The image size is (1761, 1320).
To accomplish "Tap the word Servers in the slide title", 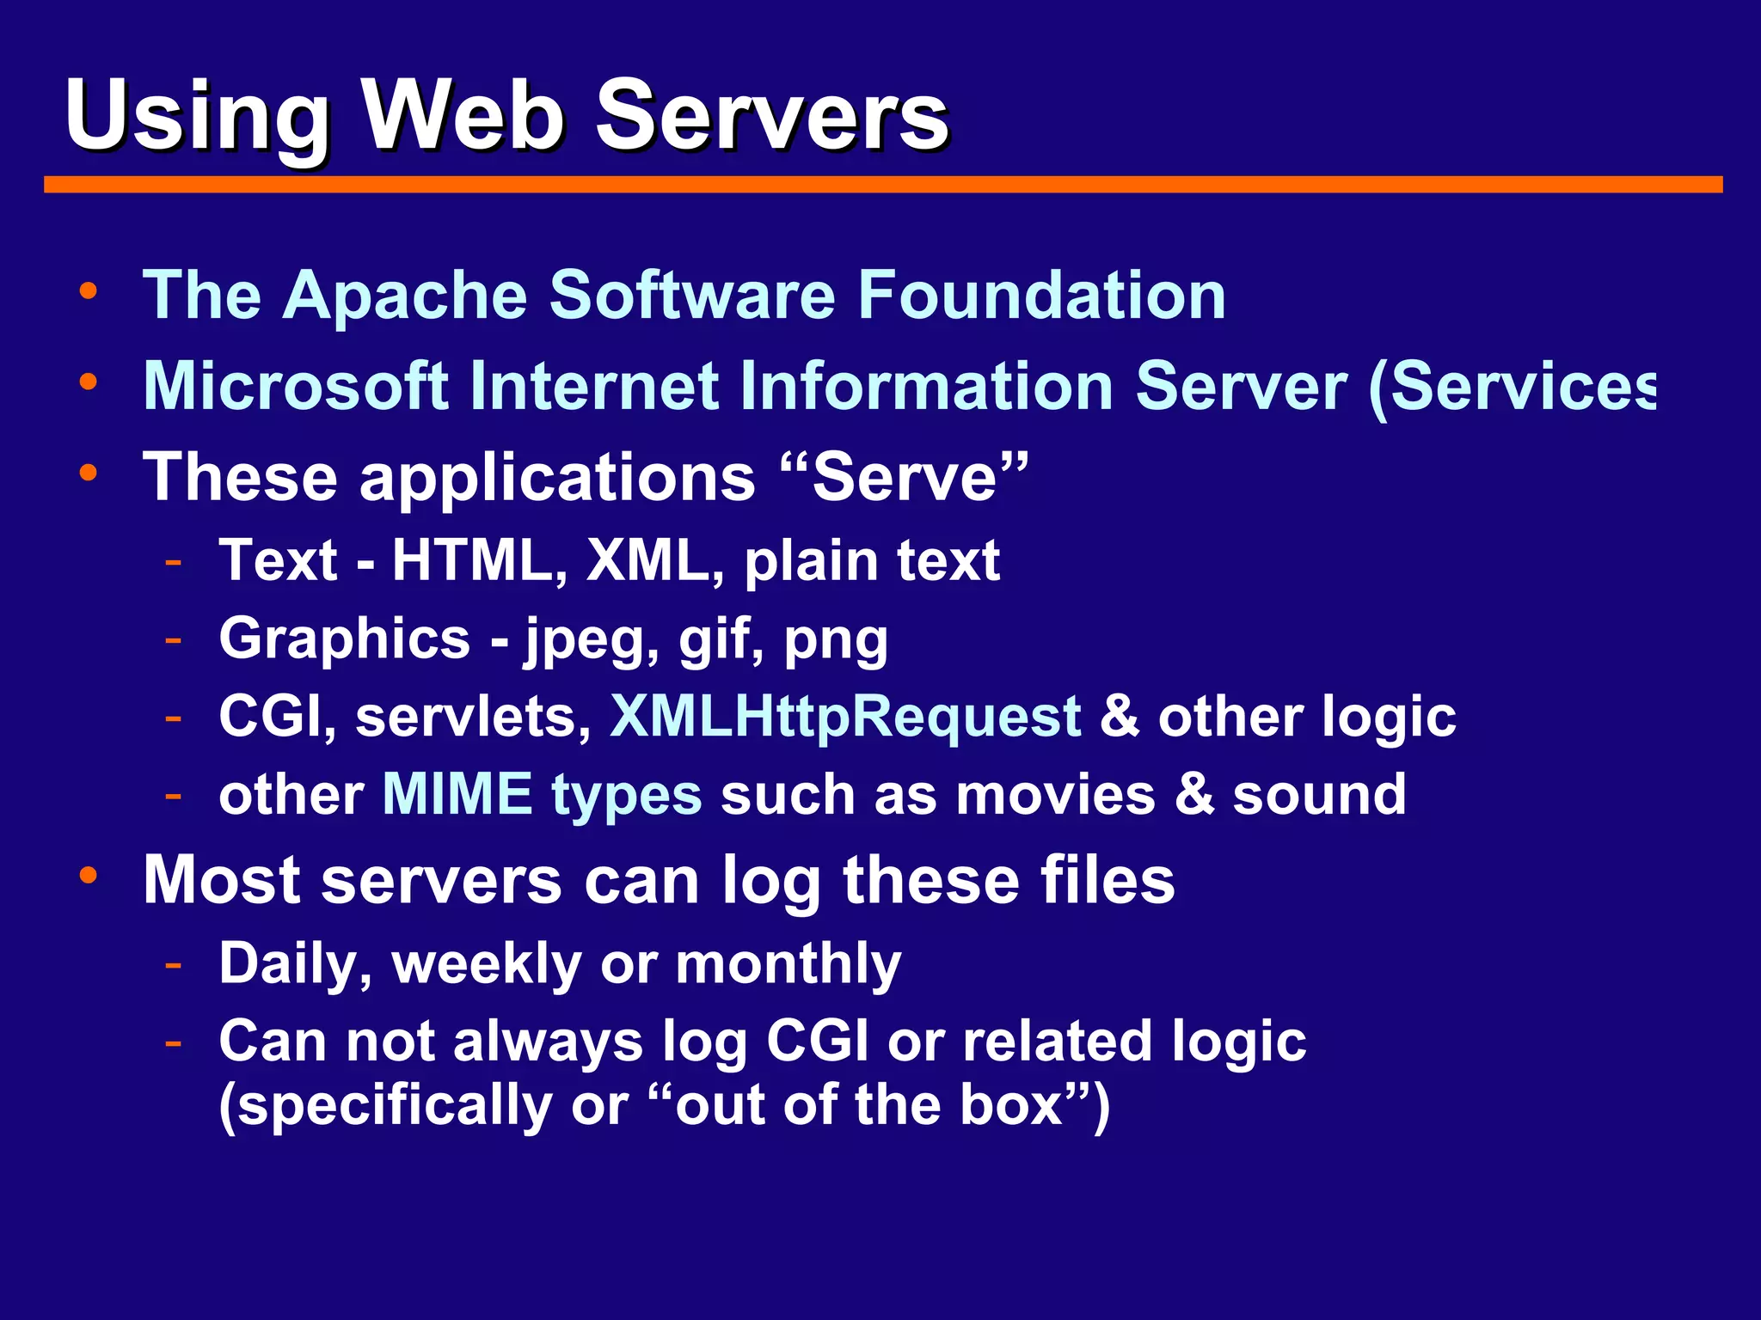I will click(771, 116).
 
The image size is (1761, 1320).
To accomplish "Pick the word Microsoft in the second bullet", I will click(297, 387).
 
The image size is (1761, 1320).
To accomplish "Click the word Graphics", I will click(345, 639).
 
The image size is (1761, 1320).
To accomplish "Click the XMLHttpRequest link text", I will click(845, 718).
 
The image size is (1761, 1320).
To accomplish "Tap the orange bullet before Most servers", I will click(88, 875).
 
